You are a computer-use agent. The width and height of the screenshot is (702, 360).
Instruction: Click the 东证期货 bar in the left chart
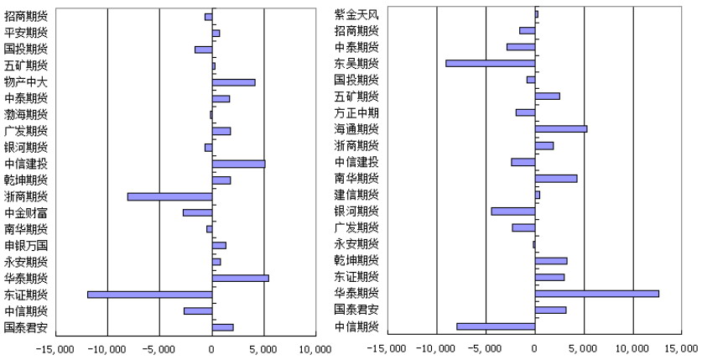(150, 295)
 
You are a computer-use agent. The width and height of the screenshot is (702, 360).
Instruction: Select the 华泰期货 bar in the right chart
(597, 294)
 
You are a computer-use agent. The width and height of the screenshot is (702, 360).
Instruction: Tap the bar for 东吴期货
(491, 64)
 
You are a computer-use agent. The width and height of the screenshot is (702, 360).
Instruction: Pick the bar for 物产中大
(234, 82)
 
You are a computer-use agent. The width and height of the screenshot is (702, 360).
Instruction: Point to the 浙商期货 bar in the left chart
(170, 196)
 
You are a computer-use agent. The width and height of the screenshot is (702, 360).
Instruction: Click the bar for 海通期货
(561, 129)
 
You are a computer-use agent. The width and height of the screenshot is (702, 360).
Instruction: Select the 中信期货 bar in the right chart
(496, 326)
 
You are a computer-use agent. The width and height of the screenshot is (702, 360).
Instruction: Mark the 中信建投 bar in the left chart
(239, 164)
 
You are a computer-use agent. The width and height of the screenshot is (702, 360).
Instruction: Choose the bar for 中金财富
(198, 212)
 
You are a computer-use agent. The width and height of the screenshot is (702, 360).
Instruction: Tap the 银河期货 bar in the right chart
(513, 211)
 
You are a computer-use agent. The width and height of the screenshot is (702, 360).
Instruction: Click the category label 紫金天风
(356, 14)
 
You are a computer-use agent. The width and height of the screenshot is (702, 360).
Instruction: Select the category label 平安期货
(26, 33)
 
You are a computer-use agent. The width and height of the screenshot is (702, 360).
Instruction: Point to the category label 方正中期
(356, 112)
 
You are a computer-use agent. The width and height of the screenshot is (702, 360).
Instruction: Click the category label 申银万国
(26, 246)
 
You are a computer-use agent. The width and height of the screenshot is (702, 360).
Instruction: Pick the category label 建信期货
(356, 195)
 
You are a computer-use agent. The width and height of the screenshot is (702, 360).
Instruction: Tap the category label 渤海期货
(26, 115)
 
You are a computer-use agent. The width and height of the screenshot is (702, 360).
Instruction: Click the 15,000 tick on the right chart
(683, 349)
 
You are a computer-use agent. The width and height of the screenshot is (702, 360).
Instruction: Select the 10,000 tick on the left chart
(315, 349)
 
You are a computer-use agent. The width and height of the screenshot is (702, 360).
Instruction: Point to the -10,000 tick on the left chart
(107, 349)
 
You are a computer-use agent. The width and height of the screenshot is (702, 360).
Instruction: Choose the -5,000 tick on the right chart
(486, 349)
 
